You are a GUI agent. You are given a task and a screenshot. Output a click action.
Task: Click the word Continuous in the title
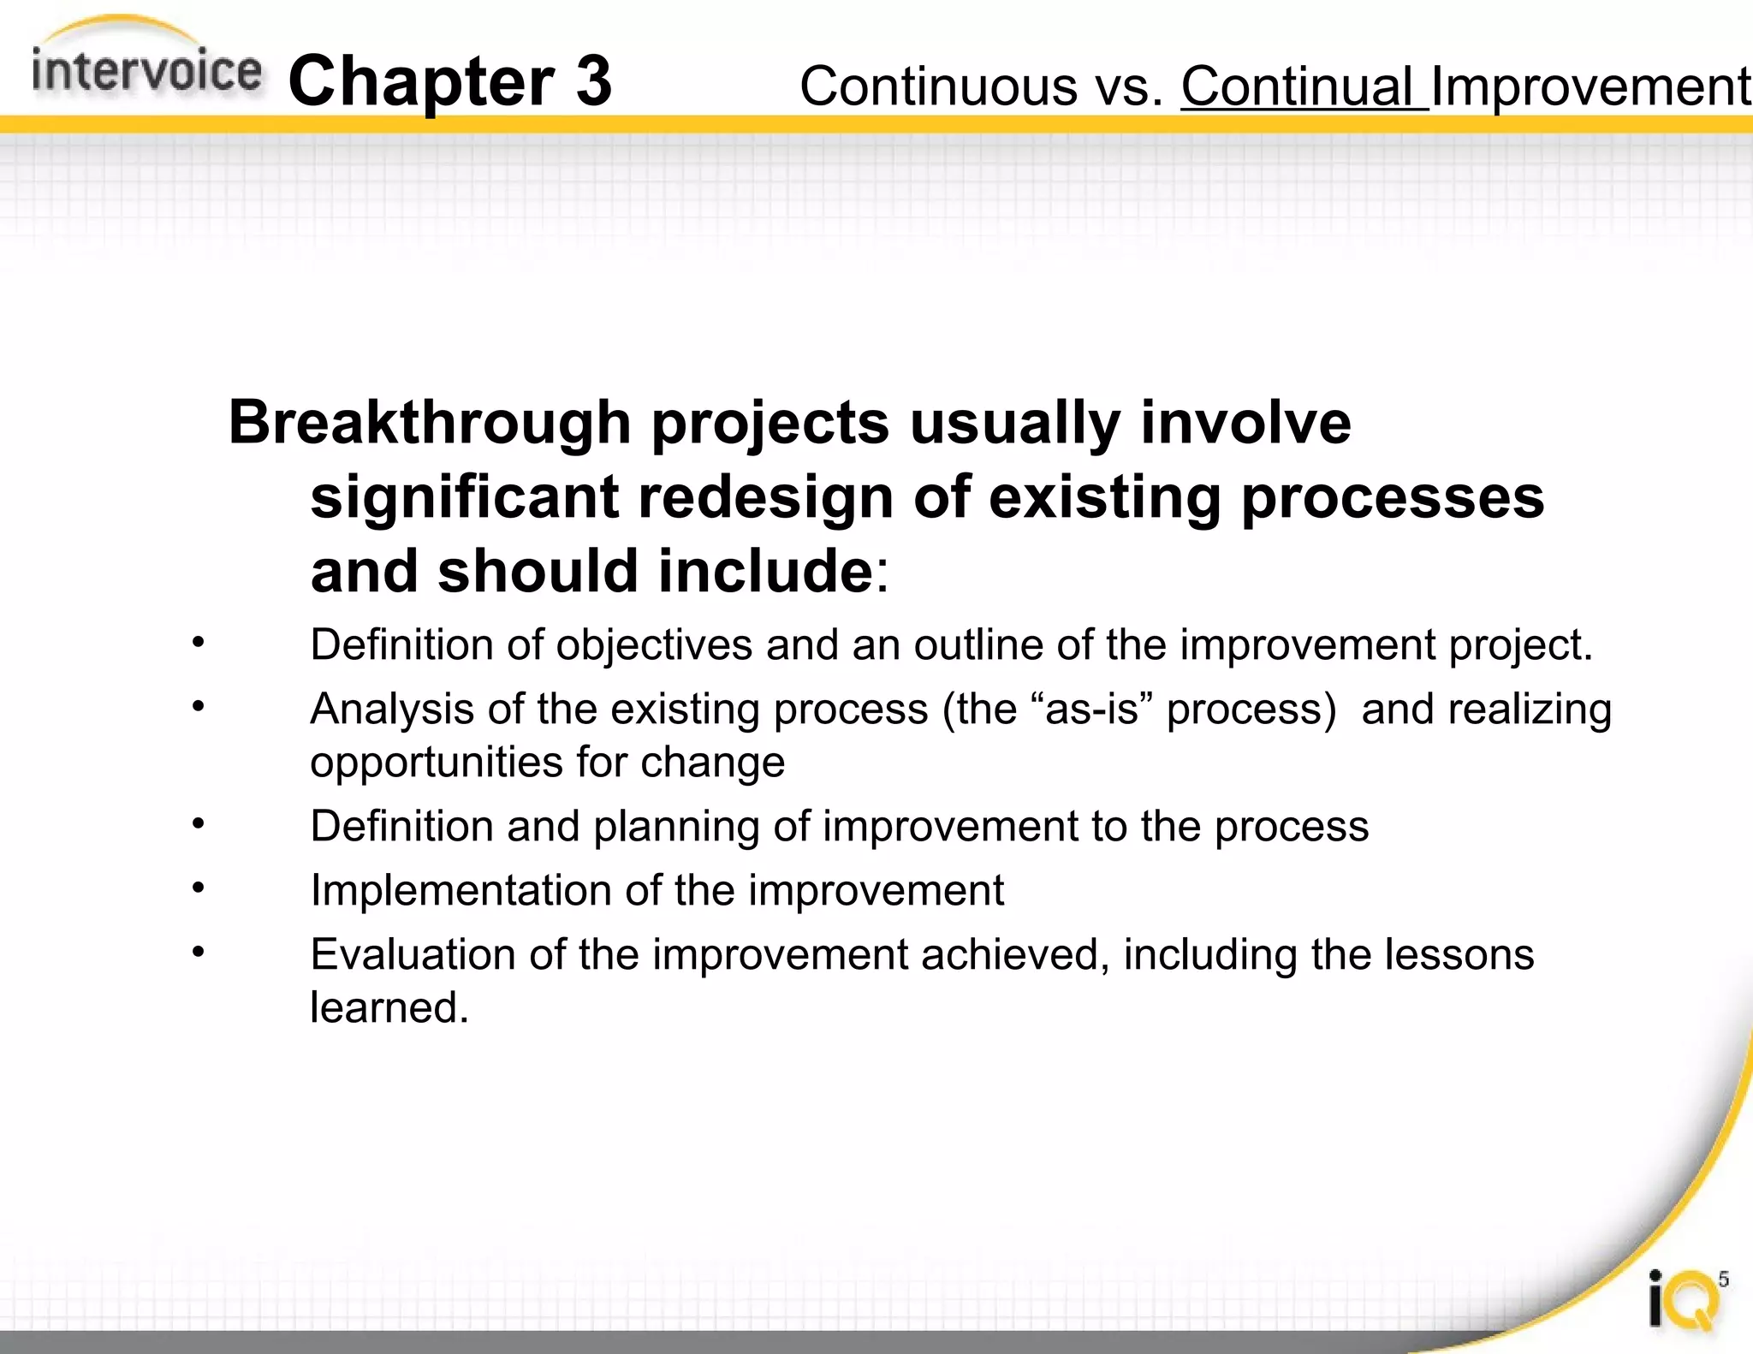tap(938, 87)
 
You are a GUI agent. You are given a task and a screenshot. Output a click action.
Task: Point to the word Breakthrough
tap(430, 424)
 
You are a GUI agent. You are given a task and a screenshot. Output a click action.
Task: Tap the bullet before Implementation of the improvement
tap(198, 888)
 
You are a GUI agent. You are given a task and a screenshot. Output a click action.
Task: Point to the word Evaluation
tap(411, 954)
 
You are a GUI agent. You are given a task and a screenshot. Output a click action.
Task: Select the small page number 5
tap(1723, 1280)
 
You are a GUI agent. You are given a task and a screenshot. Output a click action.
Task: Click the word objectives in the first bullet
tap(654, 645)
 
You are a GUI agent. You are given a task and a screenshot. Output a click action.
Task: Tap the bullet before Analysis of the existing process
tap(198, 706)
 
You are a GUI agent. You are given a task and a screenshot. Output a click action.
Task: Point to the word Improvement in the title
tap(1590, 87)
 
